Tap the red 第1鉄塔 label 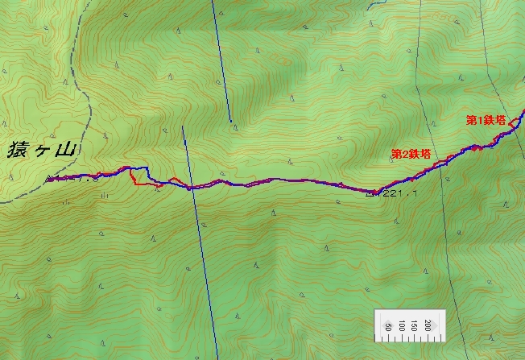click(486, 119)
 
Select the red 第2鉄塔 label click(410, 153)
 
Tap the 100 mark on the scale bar click(402, 325)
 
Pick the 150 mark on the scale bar click(415, 325)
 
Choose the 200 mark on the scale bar click(428, 325)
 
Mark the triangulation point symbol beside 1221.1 click(370, 192)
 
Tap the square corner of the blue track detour click(147, 168)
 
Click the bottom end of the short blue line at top click(230, 122)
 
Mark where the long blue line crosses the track click(189, 188)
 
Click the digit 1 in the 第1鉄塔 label click(481, 119)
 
